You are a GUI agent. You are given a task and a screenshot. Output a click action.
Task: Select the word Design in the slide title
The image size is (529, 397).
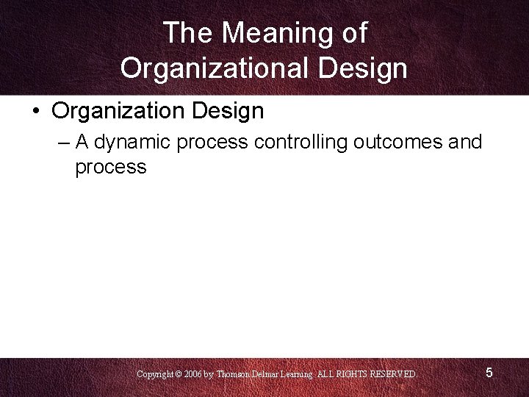click(363, 68)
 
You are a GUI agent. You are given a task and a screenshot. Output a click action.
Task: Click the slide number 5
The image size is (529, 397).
click(489, 373)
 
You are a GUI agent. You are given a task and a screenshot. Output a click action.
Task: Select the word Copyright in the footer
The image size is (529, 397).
click(155, 374)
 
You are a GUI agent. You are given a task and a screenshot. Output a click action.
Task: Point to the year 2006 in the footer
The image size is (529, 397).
click(193, 374)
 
